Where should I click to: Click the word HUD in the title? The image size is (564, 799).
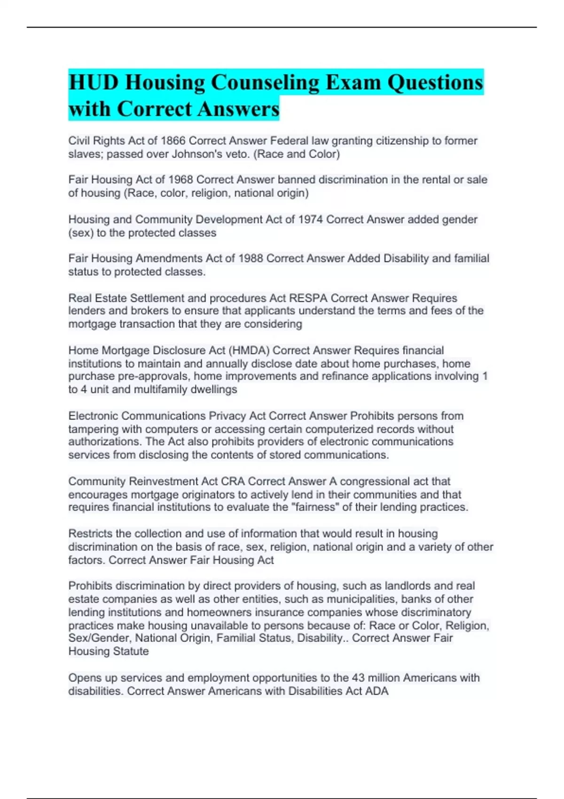tap(93, 83)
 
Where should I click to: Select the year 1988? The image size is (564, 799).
tap(251, 258)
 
